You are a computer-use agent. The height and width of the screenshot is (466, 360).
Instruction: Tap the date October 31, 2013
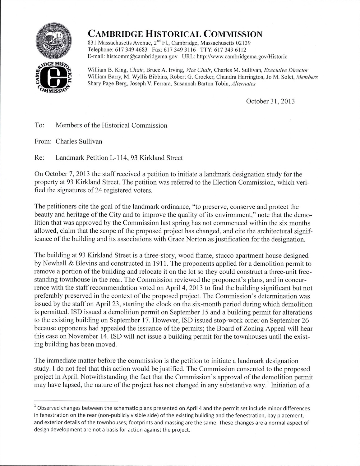(x=270, y=101)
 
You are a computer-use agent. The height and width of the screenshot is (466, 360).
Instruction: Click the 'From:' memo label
(x=43, y=142)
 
